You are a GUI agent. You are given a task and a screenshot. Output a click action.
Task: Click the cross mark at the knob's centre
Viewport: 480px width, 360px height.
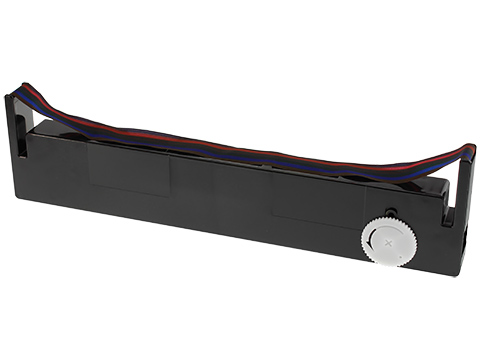pyautogui.click(x=385, y=241)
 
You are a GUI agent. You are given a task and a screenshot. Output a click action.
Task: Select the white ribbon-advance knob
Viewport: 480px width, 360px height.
pyautogui.click(x=385, y=241)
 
